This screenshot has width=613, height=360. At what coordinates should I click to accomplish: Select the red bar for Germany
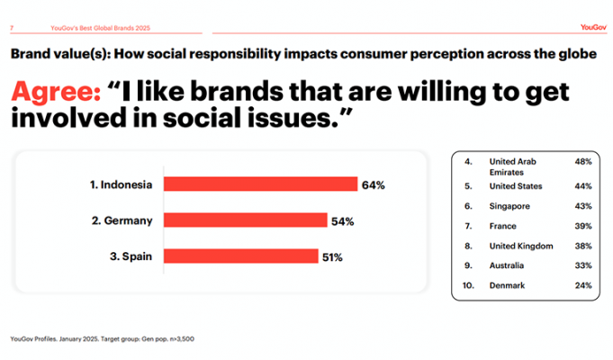coord(245,220)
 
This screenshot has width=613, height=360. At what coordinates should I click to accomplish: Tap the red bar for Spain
coord(240,256)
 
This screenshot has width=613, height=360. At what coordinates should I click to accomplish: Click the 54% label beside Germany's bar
coord(343,220)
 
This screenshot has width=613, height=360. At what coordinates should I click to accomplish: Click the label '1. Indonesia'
coord(120,185)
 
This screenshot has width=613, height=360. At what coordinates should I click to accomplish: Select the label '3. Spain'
coord(131,256)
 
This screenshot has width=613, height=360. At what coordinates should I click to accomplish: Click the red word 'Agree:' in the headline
coord(56,92)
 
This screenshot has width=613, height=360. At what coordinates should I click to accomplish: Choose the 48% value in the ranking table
coord(582,161)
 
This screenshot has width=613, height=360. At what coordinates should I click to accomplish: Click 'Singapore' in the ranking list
coord(509,207)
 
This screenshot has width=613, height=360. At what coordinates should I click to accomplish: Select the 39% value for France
coord(582,225)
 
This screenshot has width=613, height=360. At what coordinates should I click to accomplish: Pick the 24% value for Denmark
coord(582,285)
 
